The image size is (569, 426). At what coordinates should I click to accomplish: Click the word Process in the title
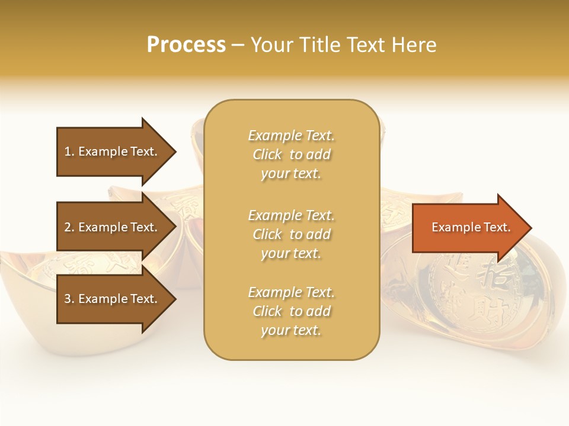pyautogui.click(x=186, y=44)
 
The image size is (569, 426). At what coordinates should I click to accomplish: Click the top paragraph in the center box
pyautogui.click(x=291, y=154)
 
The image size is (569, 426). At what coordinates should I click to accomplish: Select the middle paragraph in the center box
pyautogui.click(x=291, y=234)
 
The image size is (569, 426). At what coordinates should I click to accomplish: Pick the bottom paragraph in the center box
pyautogui.click(x=291, y=311)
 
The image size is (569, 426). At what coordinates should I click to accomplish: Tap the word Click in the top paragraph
pyautogui.click(x=267, y=154)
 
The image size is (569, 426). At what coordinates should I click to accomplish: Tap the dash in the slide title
pyautogui.click(x=238, y=45)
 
